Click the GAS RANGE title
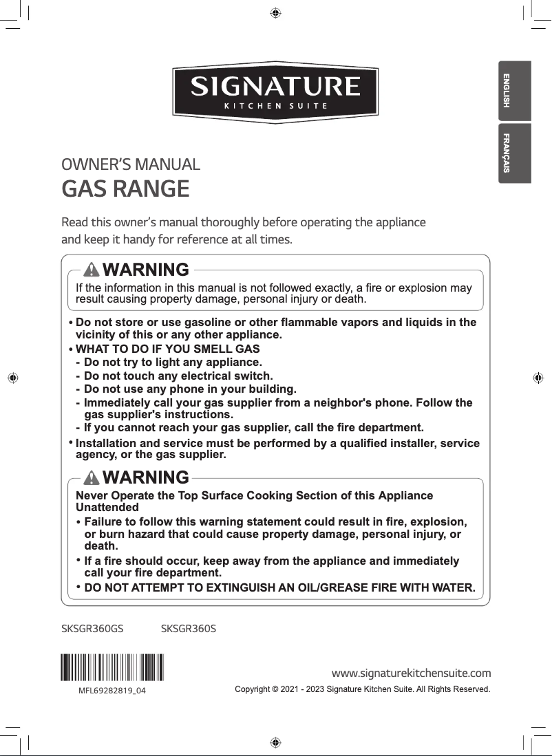click(x=125, y=188)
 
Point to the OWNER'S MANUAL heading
click(x=131, y=165)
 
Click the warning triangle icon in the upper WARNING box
click(x=92, y=269)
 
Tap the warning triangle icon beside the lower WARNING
click(x=92, y=477)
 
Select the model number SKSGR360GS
click(x=92, y=629)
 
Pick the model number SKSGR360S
click(x=188, y=629)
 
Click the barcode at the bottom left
click(x=112, y=667)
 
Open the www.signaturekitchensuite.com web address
click(x=411, y=672)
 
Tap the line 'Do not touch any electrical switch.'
click(x=178, y=376)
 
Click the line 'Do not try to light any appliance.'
click(x=172, y=362)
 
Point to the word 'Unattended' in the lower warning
click(x=107, y=508)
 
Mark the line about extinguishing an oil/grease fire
click(x=279, y=588)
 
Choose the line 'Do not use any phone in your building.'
click(x=189, y=389)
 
